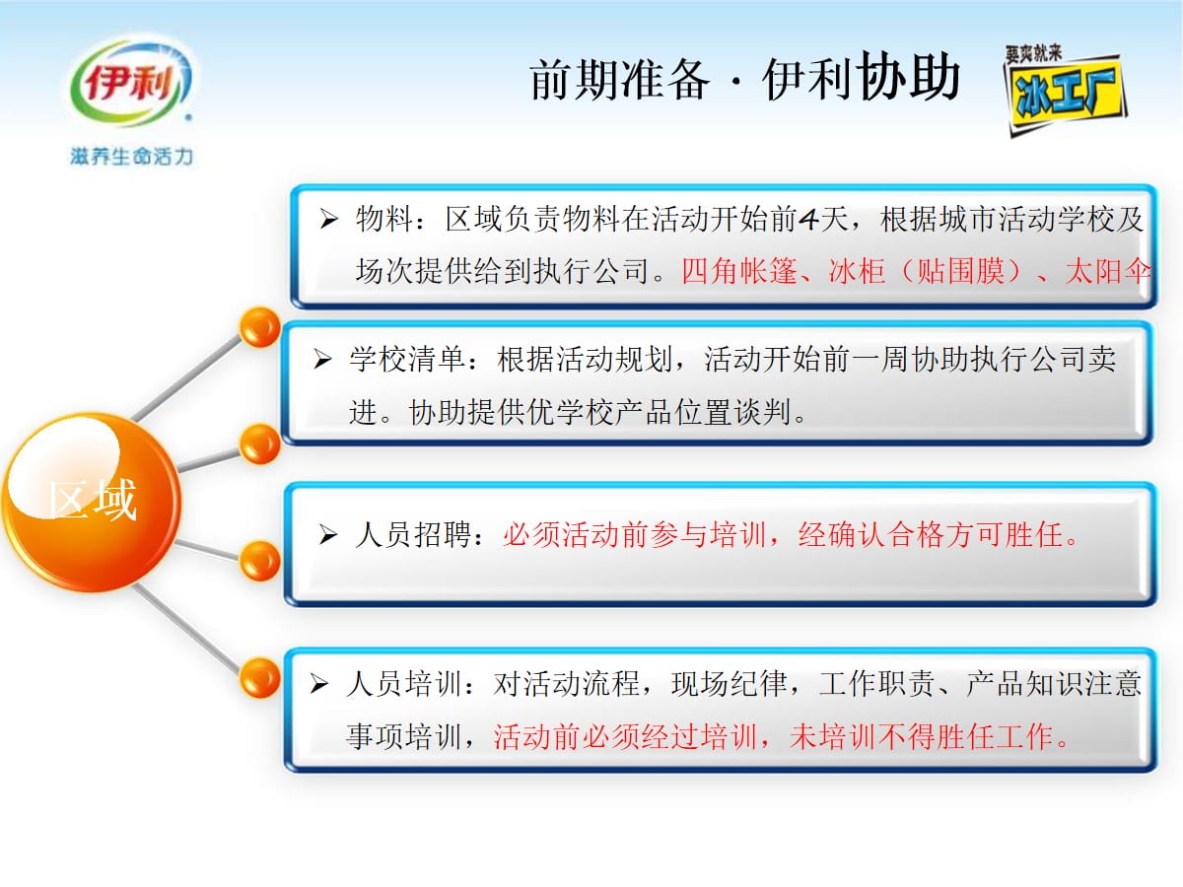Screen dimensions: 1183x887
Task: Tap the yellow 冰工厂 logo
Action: (x=1065, y=92)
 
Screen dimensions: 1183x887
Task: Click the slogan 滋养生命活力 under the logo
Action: (x=131, y=156)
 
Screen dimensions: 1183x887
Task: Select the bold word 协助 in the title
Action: (x=908, y=77)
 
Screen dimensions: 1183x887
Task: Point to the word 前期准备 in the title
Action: (x=620, y=80)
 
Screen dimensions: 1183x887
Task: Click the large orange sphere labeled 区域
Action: (x=92, y=502)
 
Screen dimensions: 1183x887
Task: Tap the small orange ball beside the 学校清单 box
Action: (x=260, y=444)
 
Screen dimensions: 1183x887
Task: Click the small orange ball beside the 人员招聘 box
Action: (x=260, y=561)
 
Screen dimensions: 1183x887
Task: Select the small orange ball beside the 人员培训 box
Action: (x=260, y=677)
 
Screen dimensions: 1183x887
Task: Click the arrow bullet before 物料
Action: (x=328, y=219)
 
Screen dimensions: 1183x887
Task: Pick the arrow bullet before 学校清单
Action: (x=322, y=359)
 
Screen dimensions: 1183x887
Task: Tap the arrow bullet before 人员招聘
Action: (x=328, y=535)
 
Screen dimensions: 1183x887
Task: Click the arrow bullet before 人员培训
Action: (x=319, y=684)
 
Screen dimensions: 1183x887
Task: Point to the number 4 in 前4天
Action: (x=809, y=219)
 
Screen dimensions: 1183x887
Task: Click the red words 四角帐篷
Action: (x=739, y=271)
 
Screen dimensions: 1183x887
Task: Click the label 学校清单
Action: (x=407, y=359)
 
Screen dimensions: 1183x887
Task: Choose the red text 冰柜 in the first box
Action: (x=857, y=271)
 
